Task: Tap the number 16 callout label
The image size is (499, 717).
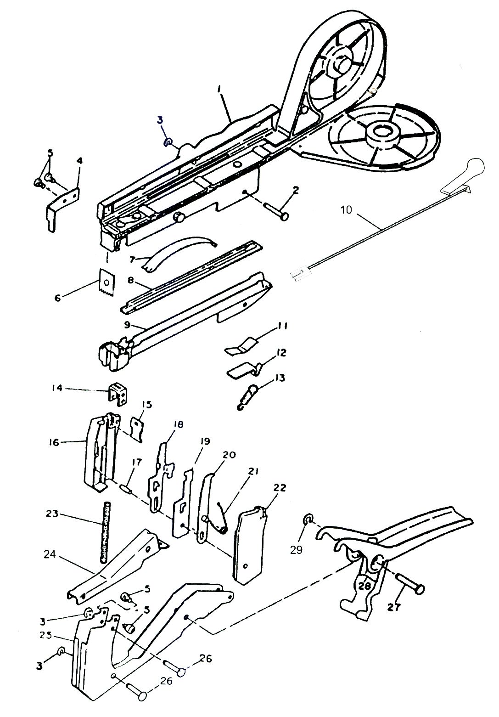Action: point(54,442)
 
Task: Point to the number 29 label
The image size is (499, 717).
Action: point(296,549)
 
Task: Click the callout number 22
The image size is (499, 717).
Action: point(280,488)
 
